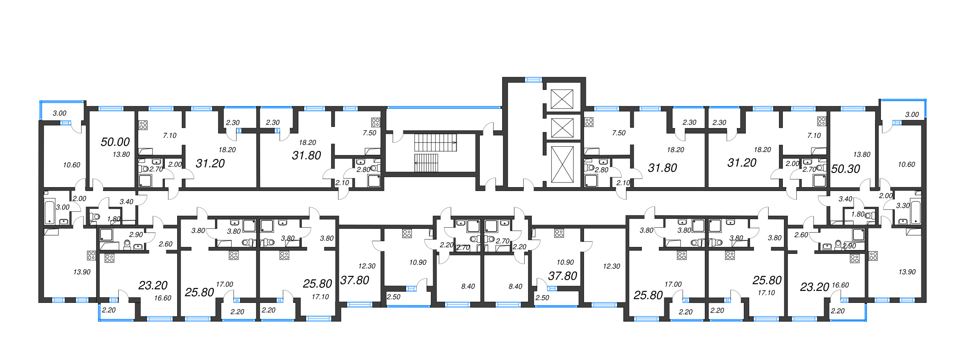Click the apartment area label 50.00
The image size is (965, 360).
pos(115,142)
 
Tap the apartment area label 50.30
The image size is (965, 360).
pos(845,169)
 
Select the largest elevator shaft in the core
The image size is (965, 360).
pos(562,164)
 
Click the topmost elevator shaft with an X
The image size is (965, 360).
pos(562,99)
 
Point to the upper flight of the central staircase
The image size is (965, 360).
pos(435,142)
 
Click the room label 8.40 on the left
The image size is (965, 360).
pos(468,286)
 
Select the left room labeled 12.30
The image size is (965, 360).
pos(366,266)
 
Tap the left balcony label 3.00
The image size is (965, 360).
pos(59,113)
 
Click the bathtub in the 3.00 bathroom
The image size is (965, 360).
pos(49,212)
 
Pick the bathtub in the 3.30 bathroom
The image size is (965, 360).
pos(916,212)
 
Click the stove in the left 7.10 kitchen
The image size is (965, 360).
pos(143,125)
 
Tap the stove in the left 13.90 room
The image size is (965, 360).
pos(91,255)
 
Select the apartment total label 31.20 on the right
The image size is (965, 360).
pos(742,163)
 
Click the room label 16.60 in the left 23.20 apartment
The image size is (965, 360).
pos(163,298)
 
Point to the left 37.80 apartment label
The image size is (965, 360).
pos(354,280)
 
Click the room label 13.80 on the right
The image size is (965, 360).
pos(862,154)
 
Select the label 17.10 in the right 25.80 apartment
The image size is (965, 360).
pos(766,293)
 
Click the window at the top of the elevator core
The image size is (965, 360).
pos(533,80)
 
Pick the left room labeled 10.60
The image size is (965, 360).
pos(71,165)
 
